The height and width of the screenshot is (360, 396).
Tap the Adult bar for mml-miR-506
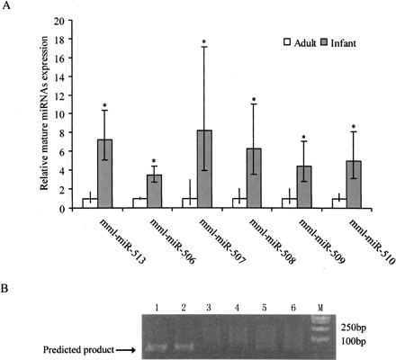[x=139, y=203]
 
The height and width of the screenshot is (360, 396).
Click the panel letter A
[x=7, y=7]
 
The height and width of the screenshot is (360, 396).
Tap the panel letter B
[x=7, y=290]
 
